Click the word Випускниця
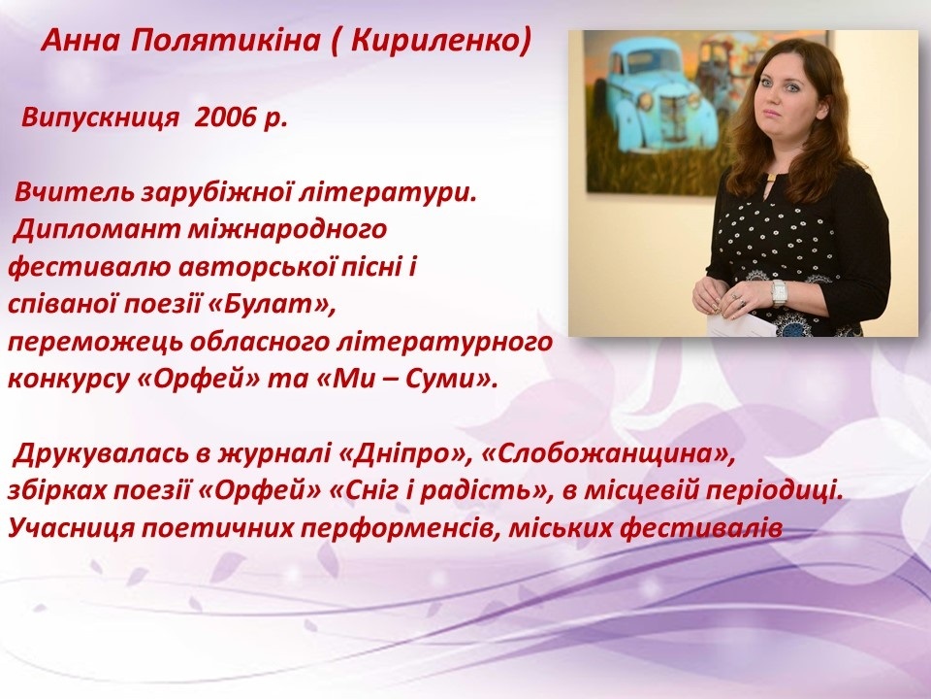tap(100, 118)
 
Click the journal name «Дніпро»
tap(404, 454)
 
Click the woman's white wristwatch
tap(779, 292)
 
